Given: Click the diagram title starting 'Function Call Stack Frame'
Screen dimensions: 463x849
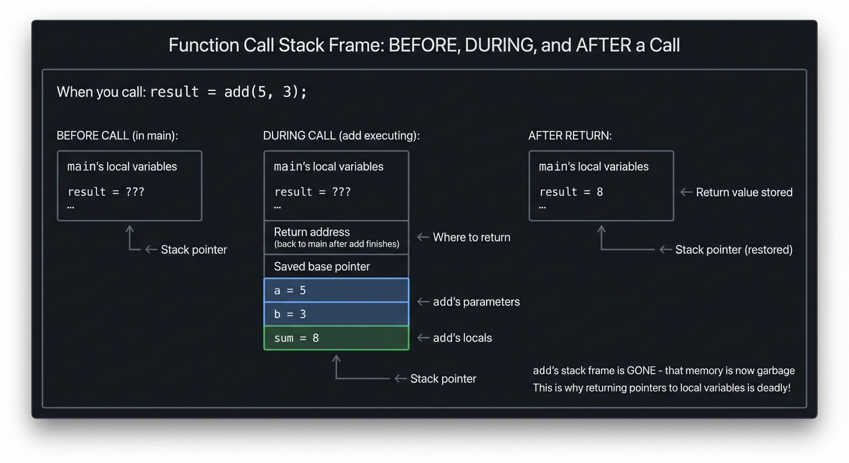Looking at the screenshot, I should coord(424,45).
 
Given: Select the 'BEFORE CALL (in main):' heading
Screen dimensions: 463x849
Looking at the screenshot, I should coord(117,136).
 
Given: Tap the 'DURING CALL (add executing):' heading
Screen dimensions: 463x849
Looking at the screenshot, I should coord(341,136).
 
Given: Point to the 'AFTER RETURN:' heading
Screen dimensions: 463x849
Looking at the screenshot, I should coord(570,136).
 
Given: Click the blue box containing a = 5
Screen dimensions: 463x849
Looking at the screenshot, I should coord(336,291).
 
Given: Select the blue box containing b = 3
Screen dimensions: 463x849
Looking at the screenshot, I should coord(336,314).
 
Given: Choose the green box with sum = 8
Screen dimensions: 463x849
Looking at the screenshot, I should coord(336,338).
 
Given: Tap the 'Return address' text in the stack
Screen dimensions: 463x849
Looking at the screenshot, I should coord(312,232).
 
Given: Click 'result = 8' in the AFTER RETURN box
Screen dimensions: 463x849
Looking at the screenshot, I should coord(570,192).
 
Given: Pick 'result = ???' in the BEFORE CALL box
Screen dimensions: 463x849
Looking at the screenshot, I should coord(106,192).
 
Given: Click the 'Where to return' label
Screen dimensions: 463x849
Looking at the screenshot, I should coord(471,238).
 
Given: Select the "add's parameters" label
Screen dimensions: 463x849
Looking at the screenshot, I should coord(476,302).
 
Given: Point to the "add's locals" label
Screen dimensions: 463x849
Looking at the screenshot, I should coord(462,338).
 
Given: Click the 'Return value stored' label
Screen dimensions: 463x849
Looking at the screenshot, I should coord(743,192).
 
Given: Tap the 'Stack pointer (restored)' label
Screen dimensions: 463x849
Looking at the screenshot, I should coord(733,250).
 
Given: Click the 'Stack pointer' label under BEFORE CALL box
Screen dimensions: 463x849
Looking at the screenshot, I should coord(194,250).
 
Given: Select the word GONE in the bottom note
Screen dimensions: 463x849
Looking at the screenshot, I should coord(641,371).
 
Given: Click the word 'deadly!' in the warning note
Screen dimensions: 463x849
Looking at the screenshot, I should coord(772,388).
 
